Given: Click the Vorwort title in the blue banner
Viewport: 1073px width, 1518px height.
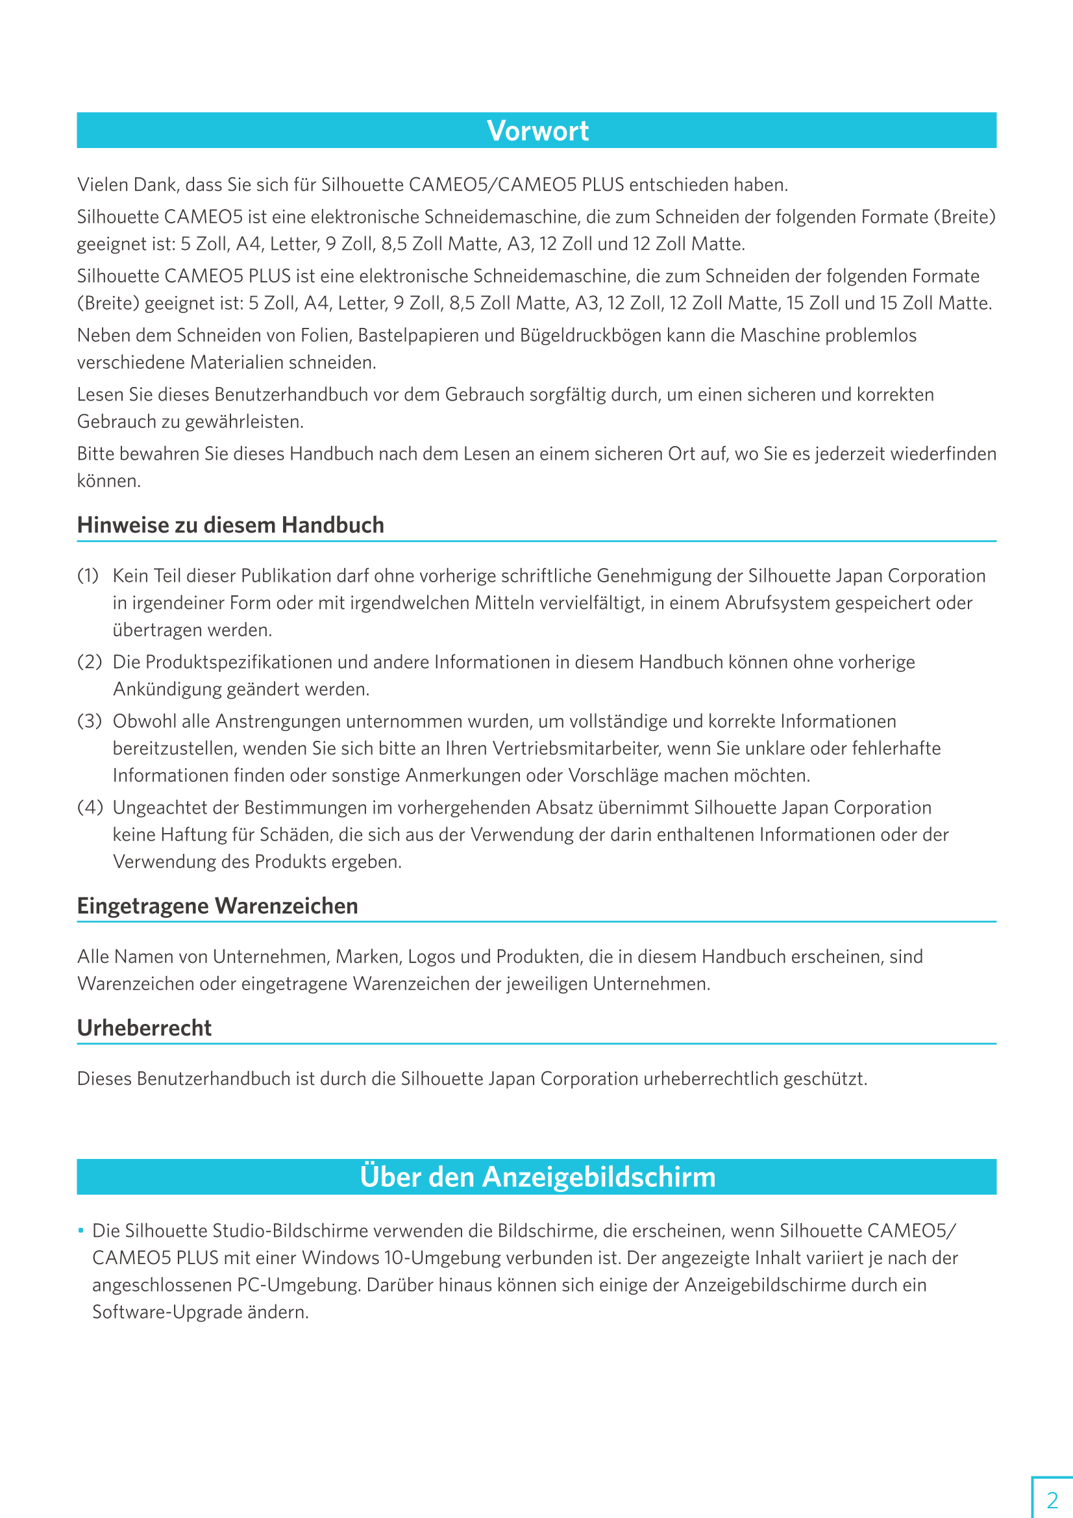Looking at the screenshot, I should tap(537, 131).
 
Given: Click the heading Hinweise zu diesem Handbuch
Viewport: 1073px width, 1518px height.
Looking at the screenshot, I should tap(230, 525).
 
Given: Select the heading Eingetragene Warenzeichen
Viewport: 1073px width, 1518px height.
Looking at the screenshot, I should tap(217, 906).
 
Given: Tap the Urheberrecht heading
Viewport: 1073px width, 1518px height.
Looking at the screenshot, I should tap(144, 1028).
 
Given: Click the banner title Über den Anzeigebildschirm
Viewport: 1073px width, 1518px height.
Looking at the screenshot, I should tap(537, 1178).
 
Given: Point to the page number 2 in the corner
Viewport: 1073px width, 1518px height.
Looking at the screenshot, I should tap(1052, 1499).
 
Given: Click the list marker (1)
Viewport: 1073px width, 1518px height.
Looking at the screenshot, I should tap(88, 575).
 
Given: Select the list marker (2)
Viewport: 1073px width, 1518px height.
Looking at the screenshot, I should tap(89, 662).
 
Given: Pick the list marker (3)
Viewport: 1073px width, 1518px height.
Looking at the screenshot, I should tap(89, 721).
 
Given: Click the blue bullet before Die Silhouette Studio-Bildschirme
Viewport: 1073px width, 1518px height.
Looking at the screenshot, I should tap(80, 1230).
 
